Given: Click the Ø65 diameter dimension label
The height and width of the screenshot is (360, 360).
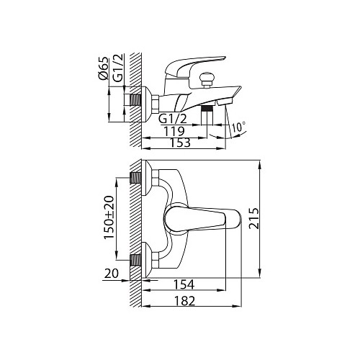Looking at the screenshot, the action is tap(103, 69).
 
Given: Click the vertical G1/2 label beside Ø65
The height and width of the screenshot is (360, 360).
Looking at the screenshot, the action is tap(118, 68).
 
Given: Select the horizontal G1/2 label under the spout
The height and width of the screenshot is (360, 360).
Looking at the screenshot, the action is tap(173, 119).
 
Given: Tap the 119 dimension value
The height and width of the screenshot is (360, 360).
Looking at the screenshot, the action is tap(174, 131).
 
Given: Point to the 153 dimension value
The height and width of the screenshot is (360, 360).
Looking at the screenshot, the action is tap(180, 143).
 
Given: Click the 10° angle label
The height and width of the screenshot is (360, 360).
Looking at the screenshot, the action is tap(239, 127).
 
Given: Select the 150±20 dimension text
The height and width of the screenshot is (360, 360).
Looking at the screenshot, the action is tap(109, 217).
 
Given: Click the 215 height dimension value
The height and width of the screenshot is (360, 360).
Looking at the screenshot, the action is tap(254, 219).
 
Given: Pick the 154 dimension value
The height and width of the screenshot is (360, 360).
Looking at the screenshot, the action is tap(184, 284).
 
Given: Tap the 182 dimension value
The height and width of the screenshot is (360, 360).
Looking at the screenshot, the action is tap(184, 301).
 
